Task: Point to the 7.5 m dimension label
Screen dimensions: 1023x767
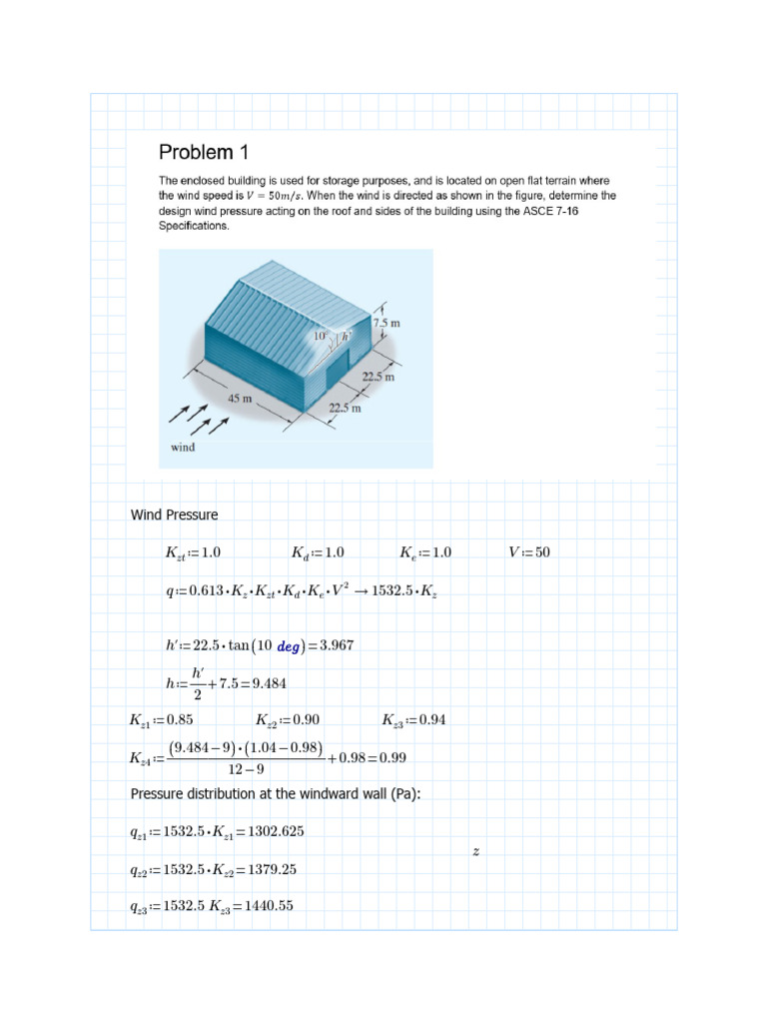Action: click(x=386, y=324)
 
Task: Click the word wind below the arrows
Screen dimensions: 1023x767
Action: click(x=183, y=448)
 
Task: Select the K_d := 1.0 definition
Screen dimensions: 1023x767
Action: click(x=318, y=552)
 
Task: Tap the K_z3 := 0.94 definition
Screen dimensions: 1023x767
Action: click(x=414, y=719)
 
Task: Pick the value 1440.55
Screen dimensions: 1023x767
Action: click(x=265, y=907)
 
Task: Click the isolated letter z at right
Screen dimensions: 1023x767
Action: click(x=476, y=851)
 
